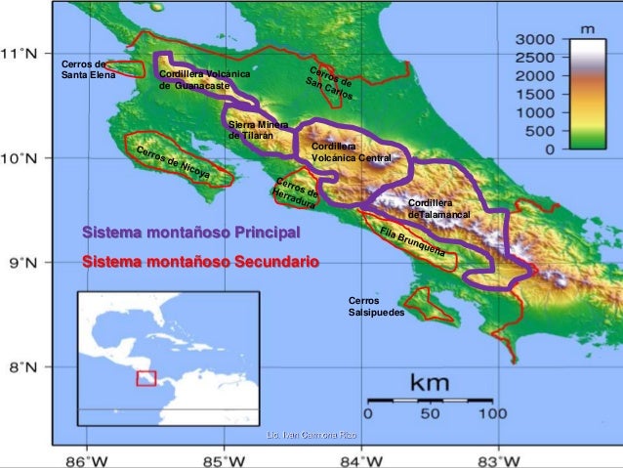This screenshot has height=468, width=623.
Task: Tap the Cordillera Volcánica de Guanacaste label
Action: pos(203,80)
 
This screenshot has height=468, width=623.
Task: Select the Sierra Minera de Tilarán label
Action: pos(257,131)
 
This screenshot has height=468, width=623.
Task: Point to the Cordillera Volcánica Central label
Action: pos(351,150)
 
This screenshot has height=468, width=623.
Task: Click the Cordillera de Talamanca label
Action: pos(438,207)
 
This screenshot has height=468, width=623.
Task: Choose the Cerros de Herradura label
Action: pos(296,192)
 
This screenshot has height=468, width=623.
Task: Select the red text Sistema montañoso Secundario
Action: pos(199,263)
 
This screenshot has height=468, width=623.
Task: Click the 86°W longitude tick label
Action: pos(86,457)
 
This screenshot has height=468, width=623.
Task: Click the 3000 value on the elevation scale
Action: pos(534,40)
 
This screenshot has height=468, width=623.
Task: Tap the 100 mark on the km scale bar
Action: pos(499,412)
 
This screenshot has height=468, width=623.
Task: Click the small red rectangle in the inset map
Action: pos(146,378)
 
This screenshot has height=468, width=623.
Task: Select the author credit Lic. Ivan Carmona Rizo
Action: pos(311,434)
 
